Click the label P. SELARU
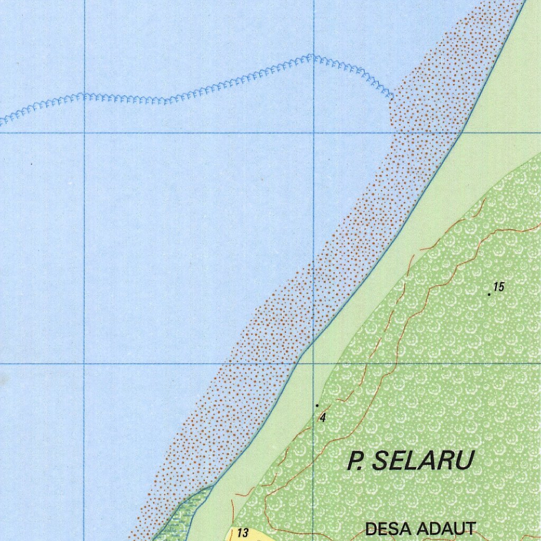coord(410,461)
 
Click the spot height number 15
coord(499,287)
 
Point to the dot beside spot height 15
coord(490,294)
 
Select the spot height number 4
coord(322,418)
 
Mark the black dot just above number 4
coord(317,405)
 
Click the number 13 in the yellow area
coord(243,533)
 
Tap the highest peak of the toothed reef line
coord(311,55)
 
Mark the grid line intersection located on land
coord(314,363)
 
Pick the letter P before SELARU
coord(355,461)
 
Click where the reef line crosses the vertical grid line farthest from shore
coord(84,96)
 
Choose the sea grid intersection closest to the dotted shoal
coord(314,133)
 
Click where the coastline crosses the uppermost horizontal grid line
coord(462,133)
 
